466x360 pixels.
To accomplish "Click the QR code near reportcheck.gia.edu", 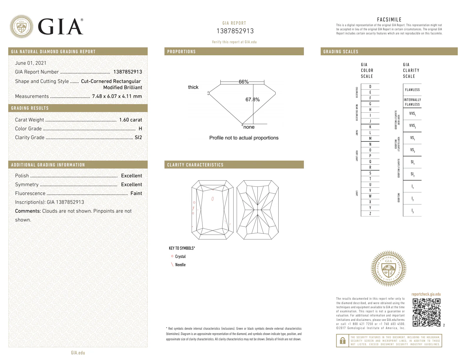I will tap(426, 312).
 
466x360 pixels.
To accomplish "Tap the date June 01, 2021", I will tap(31, 63).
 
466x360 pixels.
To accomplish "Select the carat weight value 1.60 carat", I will tap(130, 120).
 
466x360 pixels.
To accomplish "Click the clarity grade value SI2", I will tap(138, 137).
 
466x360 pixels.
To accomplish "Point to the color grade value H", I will tap(140, 129).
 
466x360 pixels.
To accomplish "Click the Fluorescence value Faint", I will tap(136, 193).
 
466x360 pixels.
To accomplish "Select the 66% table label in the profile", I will tap(244, 82).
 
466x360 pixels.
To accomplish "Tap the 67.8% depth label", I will tap(252, 100).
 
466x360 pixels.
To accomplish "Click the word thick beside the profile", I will tap(193, 87).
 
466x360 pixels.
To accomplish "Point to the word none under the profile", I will tap(249, 127).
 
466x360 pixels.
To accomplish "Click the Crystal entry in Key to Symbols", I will tap(180, 256).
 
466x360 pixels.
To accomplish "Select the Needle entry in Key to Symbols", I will tap(180, 265).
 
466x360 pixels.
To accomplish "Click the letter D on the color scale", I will tap(370, 87).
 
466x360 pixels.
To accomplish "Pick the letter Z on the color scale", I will tap(370, 214).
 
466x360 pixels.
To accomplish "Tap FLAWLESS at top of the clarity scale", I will tap(412, 90).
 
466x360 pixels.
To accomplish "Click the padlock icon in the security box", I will tap(342, 341).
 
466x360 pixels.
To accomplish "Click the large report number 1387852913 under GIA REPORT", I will tap(235, 31).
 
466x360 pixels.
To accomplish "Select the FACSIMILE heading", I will tap(389, 20).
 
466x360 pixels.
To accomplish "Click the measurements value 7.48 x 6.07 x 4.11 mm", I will tap(117, 96).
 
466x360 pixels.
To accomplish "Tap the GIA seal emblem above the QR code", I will tap(389, 269).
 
